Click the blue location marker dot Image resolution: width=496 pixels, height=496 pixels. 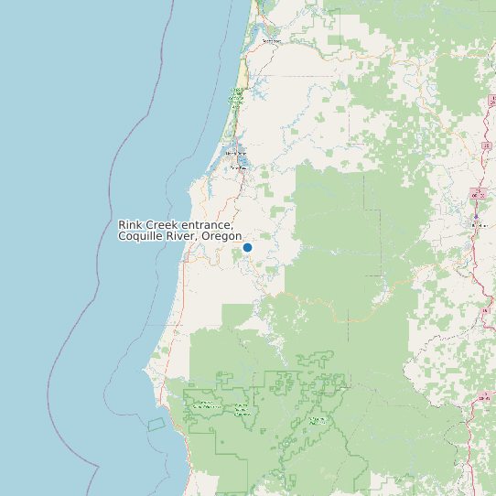pos(247,247)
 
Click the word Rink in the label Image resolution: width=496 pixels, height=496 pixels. pos(130,225)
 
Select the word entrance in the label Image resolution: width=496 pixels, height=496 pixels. pos(207,225)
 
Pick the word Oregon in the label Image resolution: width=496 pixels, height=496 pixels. pos(222,237)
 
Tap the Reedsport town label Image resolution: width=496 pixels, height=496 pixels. pos(271,41)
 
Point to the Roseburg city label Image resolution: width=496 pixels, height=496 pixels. pos(477,225)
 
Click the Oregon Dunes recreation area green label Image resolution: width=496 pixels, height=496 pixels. pos(236,98)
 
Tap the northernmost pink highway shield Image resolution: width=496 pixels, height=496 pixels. pos(486,146)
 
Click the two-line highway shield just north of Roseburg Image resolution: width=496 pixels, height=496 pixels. pos(476,194)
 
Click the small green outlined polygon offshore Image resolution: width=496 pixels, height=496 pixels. pos(156,425)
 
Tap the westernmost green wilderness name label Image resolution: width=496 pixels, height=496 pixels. pos(203,405)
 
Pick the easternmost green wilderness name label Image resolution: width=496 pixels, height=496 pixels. pos(318,420)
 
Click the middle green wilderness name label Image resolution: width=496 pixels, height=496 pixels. pos(243,409)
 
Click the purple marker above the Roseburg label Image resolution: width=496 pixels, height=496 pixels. pos(476,216)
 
